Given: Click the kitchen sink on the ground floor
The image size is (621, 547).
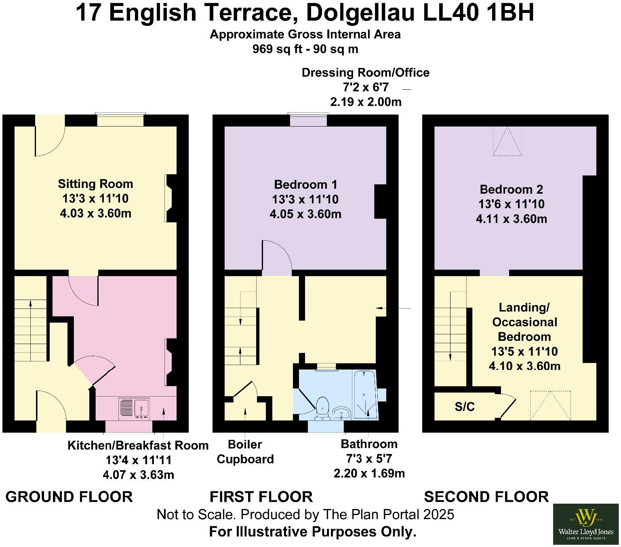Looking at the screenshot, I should tap(135, 408).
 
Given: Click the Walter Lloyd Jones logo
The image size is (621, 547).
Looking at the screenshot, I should tap(585, 524).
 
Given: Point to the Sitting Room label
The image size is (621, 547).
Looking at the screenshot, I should tap(95, 184).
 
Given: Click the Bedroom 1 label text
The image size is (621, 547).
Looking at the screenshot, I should tap(305, 185).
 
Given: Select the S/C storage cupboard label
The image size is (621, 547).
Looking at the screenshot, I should tap(465, 407).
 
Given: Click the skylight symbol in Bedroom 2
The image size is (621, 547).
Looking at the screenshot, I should tap(507, 141).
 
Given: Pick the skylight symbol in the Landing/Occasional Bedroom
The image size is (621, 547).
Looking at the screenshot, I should tap(550, 405).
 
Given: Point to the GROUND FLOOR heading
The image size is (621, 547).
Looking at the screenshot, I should tap(69, 496).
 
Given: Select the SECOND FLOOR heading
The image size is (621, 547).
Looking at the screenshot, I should tap(486, 496).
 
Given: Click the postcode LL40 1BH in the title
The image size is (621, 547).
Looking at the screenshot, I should tap(478, 13).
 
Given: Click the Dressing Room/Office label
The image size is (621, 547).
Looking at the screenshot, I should tap(365, 73).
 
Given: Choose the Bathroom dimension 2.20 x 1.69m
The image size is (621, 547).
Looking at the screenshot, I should tap(369, 473).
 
